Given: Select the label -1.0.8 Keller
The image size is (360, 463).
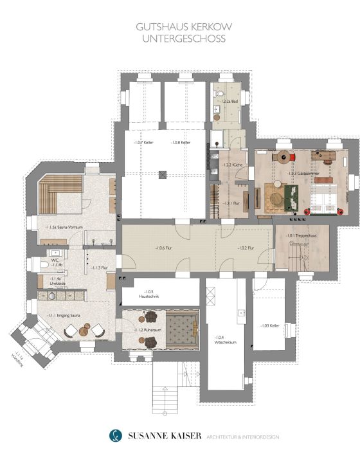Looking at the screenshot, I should [x=181, y=142].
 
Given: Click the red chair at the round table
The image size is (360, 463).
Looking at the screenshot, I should [x=292, y=156].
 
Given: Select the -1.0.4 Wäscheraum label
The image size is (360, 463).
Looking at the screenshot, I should [x=225, y=340].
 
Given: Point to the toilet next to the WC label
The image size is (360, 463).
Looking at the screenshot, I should [x=44, y=265].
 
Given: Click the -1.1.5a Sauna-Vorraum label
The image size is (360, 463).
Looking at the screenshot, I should [x=60, y=227].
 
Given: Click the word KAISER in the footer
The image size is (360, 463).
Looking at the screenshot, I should [x=177, y=437].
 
